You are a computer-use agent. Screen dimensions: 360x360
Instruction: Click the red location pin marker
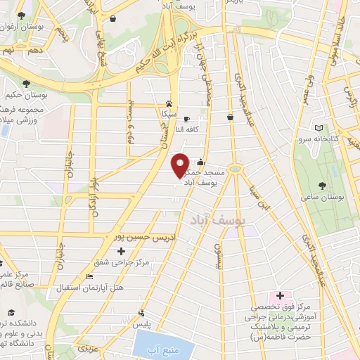(181, 165)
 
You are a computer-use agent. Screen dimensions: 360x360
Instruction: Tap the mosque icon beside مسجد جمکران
(202, 161)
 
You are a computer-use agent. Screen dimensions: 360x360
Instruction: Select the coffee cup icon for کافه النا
(186, 119)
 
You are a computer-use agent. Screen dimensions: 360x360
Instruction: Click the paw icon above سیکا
(169, 102)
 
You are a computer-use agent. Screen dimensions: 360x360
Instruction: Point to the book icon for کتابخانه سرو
(320, 127)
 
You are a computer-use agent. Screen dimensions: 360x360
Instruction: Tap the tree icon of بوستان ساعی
(322, 185)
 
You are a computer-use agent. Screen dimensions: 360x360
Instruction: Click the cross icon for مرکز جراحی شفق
(122, 251)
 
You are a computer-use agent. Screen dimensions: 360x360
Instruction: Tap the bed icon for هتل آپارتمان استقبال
(89, 276)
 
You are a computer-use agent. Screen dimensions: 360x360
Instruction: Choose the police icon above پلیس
(142, 312)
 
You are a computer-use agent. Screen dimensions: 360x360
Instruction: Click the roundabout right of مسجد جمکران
(236, 169)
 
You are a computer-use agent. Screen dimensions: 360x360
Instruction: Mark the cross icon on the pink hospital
(279, 296)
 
